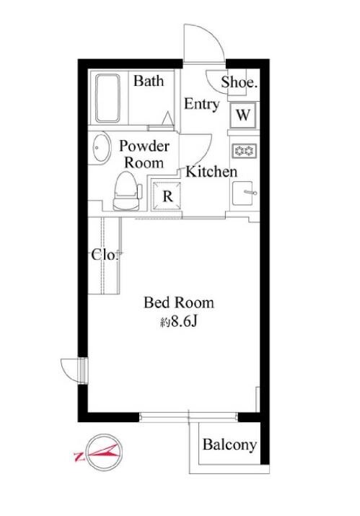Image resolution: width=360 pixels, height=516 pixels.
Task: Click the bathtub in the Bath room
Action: (x=107, y=97)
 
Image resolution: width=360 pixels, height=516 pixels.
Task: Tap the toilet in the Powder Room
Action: (x=127, y=191)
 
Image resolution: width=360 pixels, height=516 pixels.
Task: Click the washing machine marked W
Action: (x=243, y=115)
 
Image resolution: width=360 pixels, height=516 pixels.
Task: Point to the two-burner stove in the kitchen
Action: (x=244, y=151)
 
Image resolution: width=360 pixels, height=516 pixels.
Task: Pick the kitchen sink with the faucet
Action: (x=244, y=193)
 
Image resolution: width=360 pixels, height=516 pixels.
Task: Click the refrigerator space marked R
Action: (x=167, y=196)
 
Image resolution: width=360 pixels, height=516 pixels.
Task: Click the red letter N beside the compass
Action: (x=79, y=456)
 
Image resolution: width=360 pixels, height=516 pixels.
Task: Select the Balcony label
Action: (x=229, y=445)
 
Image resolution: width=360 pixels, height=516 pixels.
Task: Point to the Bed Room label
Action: (x=179, y=302)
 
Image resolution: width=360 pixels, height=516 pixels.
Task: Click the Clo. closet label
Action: (x=105, y=255)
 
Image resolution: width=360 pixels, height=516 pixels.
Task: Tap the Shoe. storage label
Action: (x=239, y=82)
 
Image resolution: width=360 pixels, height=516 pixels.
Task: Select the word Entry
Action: (x=201, y=105)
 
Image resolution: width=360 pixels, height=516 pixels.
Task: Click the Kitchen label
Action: (x=211, y=172)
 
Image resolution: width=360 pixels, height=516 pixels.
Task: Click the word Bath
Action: (x=149, y=81)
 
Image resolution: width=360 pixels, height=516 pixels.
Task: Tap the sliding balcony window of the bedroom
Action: (x=188, y=417)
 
